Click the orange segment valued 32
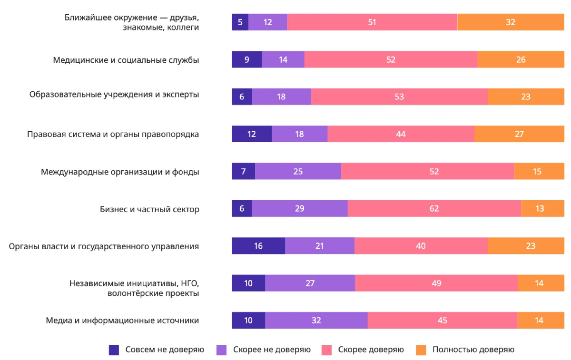[x=511, y=22]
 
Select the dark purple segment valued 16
[x=258, y=246]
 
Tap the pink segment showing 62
[x=434, y=209]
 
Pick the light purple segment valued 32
[x=316, y=321]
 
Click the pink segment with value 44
[x=401, y=134]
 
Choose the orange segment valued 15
[x=537, y=171]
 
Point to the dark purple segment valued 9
[x=246, y=59]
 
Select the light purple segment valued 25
[x=298, y=171]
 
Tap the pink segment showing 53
[x=399, y=97]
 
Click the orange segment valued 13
[x=540, y=209]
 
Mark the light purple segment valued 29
[x=300, y=209]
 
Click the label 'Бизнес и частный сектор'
[x=149, y=209]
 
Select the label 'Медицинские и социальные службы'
[x=126, y=60]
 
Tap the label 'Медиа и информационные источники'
[x=122, y=321]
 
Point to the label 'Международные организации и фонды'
[x=120, y=172]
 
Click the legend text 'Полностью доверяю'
[x=473, y=350]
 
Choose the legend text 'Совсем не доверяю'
[x=165, y=350]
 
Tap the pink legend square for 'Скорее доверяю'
[x=326, y=350]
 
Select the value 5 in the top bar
[x=240, y=22]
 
